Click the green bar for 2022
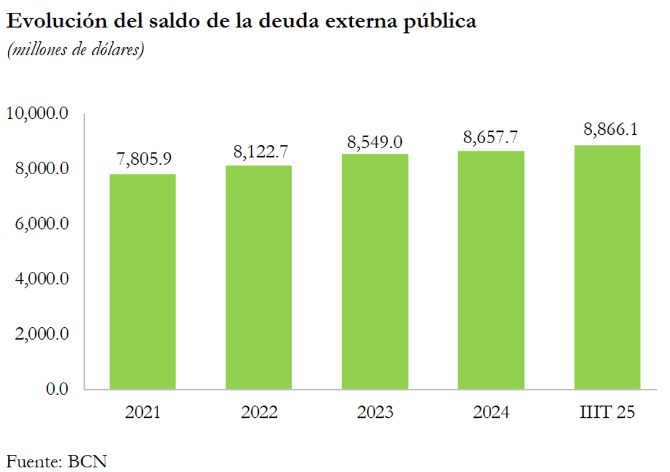(x=258, y=277)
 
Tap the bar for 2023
(x=375, y=271)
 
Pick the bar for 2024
(x=491, y=270)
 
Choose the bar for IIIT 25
(x=607, y=267)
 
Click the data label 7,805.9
(x=142, y=160)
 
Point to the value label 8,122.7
(x=258, y=152)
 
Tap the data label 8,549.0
(x=375, y=141)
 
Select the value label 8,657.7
(x=491, y=138)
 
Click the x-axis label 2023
(x=375, y=413)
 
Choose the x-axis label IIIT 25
(x=607, y=413)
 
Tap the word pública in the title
(x=441, y=23)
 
